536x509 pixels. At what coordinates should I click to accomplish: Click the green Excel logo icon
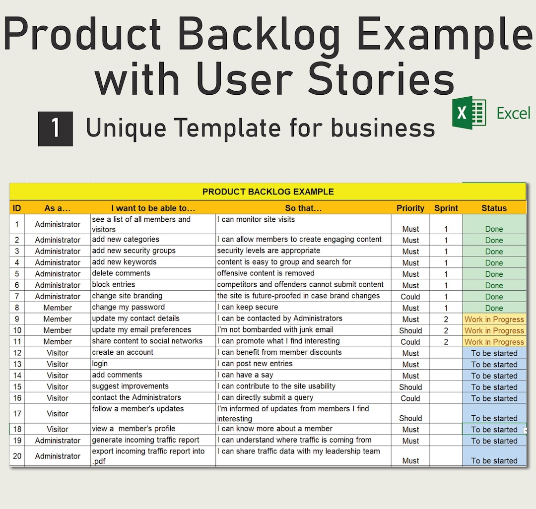tap(469, 114)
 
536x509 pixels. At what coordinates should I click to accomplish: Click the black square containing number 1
tap(56, 128)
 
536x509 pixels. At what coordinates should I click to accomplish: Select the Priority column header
tap(410, 208)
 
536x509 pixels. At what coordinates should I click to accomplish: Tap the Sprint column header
tap(446, 208)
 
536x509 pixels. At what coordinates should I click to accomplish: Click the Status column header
tap(494, 208)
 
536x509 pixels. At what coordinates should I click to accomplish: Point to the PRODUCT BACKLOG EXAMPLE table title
tap(268, 191)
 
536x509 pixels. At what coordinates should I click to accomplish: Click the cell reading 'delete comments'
tap(121, 273)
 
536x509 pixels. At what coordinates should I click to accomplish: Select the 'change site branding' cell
tap(127, 296)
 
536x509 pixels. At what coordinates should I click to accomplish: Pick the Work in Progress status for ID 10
tap(494, 330)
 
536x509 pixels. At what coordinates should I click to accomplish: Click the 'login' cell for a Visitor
tap(100, 364)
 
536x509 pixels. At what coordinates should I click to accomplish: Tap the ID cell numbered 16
tap(17, 398)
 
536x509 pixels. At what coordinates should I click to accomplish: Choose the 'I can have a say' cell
tap(245, 375)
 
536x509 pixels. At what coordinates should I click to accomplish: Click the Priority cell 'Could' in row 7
tap(410, 297)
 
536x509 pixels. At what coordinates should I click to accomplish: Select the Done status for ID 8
tap(494, 308)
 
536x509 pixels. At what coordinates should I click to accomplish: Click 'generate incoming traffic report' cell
tap(145, 440)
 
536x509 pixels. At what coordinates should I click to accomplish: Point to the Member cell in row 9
tap(58, 319)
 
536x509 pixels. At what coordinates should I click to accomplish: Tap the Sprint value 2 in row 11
tap(446, 342)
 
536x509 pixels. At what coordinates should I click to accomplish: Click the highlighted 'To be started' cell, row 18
tap(494, 430)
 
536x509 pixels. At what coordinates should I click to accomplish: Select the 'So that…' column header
tap(303, 208)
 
